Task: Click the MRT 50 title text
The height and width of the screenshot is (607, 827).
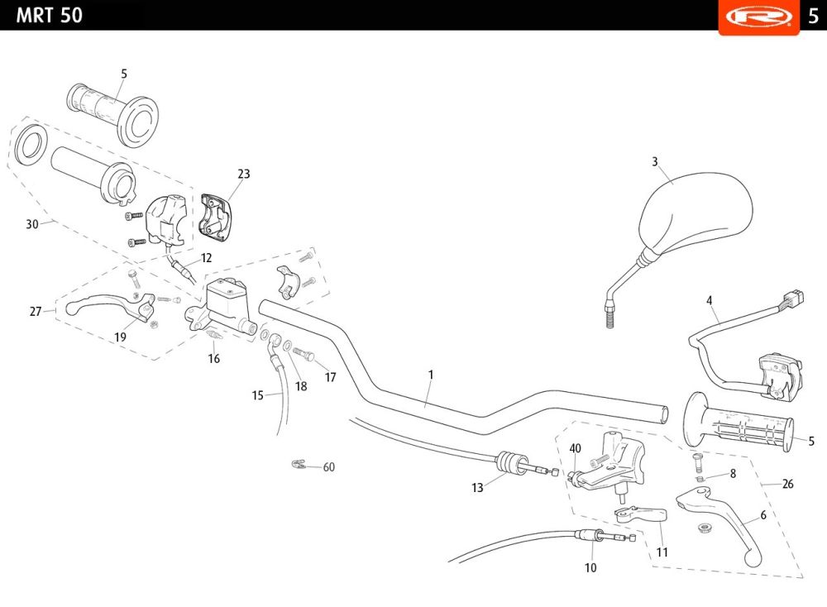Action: click(50, 15)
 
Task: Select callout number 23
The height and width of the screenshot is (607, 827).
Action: click(243, 174)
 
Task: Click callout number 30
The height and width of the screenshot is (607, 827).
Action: click(32, 224)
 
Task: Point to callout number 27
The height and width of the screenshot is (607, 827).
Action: click(36, 312)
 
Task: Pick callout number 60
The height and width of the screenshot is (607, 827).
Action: click(329, 467)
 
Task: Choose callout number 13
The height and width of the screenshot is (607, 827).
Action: click(477, 488)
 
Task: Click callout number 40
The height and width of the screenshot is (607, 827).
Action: click(576, 448)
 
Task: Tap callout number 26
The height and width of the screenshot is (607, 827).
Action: click(787, 484)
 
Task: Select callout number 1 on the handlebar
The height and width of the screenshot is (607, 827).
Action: click(431, 375)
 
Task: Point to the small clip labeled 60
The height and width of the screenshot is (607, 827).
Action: click(300, 464)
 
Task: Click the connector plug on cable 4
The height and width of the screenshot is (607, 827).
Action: click(795, 295)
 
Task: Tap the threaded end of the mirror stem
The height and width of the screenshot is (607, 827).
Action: click(610, 315)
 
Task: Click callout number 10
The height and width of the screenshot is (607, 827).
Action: click(590, 568)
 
